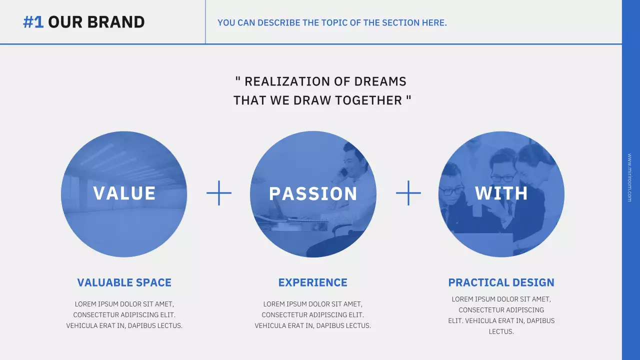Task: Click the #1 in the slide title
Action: pyautogui.click(x=33, y=22)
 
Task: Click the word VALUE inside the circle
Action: pyautogui.click(x=124, y=193)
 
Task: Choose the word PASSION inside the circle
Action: pyautogui.click(x=313, y=194)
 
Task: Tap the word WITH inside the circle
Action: pyautogui.click(x=501, y=193)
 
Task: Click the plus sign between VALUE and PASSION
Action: pyautogui.click(x=219, y=193)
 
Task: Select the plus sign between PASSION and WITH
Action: pyautogui.click(x=408, y=193)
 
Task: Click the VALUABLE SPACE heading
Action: pyautogui.click(x=124, y=282)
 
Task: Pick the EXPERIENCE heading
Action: pyautogui.click(x=312, y=282)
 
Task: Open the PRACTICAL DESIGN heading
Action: pyautogui.click(x=501, y=282)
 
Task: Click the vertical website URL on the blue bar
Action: pyautogui.click(x=629, y=177)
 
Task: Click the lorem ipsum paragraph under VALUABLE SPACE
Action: pyautogui.click(x=124, y=314)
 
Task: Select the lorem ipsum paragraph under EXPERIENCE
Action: pyautogui.click(x=312, y=314)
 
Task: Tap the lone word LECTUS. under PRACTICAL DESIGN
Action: pyautogui.click(x=501, y=331)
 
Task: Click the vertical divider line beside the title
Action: pyautogui.click(x=205, y=22)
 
